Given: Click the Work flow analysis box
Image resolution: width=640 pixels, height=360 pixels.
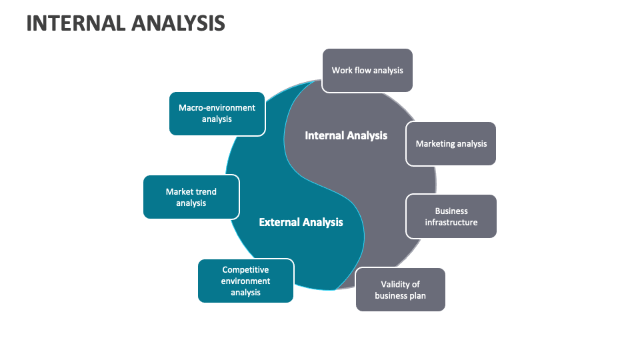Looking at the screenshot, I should coord(367,70).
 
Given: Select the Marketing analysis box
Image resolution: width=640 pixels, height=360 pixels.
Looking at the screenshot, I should coord(451,143).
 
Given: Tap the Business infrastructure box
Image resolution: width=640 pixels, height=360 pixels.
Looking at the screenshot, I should coord(451,217).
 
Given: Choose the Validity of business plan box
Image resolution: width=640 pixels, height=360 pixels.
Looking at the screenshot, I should coord(400,289).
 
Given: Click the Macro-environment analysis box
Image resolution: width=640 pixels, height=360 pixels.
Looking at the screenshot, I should coord(217,113).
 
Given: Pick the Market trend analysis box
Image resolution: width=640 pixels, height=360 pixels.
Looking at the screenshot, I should coord(191,197).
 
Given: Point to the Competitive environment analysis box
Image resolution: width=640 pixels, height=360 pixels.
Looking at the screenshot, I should coord(245,281).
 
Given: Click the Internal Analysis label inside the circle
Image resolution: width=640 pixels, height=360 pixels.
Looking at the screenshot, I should coord(346,135).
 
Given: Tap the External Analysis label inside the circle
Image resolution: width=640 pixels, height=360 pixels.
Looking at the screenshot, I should coord(301,222).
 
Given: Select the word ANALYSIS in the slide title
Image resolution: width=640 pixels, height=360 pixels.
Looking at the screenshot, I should coord(178,23).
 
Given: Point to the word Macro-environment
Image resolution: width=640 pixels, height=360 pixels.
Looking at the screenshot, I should coord(217,107).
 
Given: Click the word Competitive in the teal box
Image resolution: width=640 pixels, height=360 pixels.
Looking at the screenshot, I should coord(245,270).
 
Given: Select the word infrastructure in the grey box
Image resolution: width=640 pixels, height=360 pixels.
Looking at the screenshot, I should coord(451,223).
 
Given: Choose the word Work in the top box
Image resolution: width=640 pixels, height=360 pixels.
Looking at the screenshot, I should coord(341,70).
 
